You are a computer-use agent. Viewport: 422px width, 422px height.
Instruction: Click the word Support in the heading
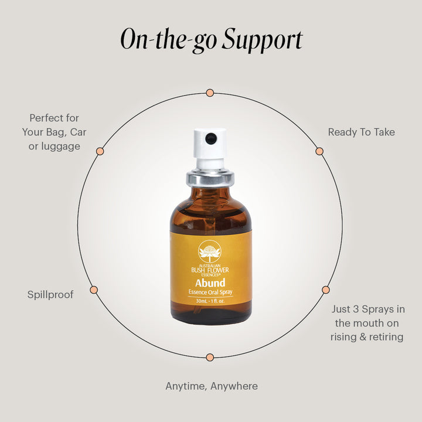click(x=263, y=40)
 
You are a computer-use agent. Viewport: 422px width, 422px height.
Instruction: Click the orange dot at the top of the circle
click(x=210, y=93)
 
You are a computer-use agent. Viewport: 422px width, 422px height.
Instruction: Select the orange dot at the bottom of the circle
click(x=210, y=358)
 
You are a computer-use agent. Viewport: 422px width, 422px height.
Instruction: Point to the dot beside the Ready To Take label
click(x=319, y=151)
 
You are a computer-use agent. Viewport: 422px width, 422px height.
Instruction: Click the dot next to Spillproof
click(x=94, y=290)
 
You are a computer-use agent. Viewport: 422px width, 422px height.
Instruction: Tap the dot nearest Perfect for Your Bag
click(x=100, y=151)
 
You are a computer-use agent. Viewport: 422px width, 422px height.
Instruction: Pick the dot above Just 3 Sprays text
click(x=326, y=290)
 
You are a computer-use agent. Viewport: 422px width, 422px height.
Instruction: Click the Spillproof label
click(x=50, y=295)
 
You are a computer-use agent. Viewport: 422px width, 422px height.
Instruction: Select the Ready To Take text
click(x=362, y=132)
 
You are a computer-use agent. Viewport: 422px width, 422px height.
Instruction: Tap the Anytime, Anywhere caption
click(x=212, y=386)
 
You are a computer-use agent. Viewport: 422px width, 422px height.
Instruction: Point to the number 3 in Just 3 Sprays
click(x=356, y=309)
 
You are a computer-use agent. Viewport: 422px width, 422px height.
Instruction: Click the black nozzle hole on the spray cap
click(x=211, y=138)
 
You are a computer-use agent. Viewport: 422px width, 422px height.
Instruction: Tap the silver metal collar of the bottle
click(x=210, y=178)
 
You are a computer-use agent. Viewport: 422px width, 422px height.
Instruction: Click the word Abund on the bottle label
click(x=210, y=283)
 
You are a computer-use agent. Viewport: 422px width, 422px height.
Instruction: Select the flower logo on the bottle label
click(x=210, y=251)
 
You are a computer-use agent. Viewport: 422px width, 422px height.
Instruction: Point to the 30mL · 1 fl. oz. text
click(x=210, y=301)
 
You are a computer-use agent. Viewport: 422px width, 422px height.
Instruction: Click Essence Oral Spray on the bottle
click(x=210, y=292)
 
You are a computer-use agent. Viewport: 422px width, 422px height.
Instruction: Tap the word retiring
click(x=386, y=337)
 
